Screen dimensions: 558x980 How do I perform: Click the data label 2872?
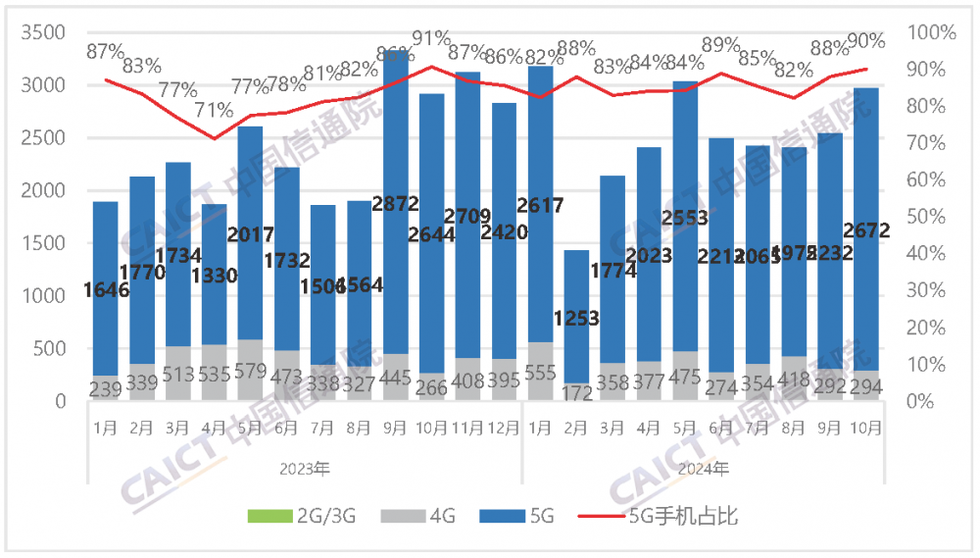399,204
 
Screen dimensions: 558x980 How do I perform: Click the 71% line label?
215,110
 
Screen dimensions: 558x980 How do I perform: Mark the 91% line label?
431,38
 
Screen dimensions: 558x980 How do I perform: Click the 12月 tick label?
504,429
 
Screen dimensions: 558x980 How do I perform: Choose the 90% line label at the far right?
865,41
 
